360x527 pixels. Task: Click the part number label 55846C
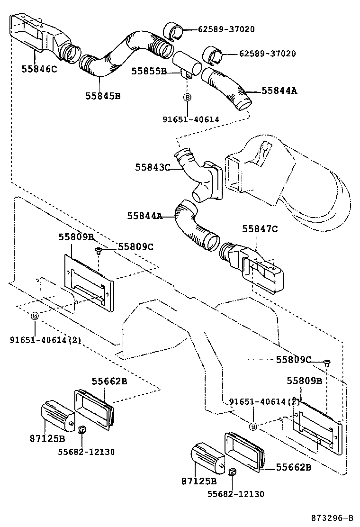39,69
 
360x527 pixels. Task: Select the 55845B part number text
103,96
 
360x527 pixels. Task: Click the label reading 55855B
149,71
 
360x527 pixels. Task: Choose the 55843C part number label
153,167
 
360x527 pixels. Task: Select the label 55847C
260,229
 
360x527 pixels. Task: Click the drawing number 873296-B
333,518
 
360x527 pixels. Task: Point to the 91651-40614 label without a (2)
191,119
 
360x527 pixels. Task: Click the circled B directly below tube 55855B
188,97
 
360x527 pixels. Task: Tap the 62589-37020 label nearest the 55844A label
267,54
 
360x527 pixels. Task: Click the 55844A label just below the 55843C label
145,216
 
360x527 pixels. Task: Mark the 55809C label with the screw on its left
135,247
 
